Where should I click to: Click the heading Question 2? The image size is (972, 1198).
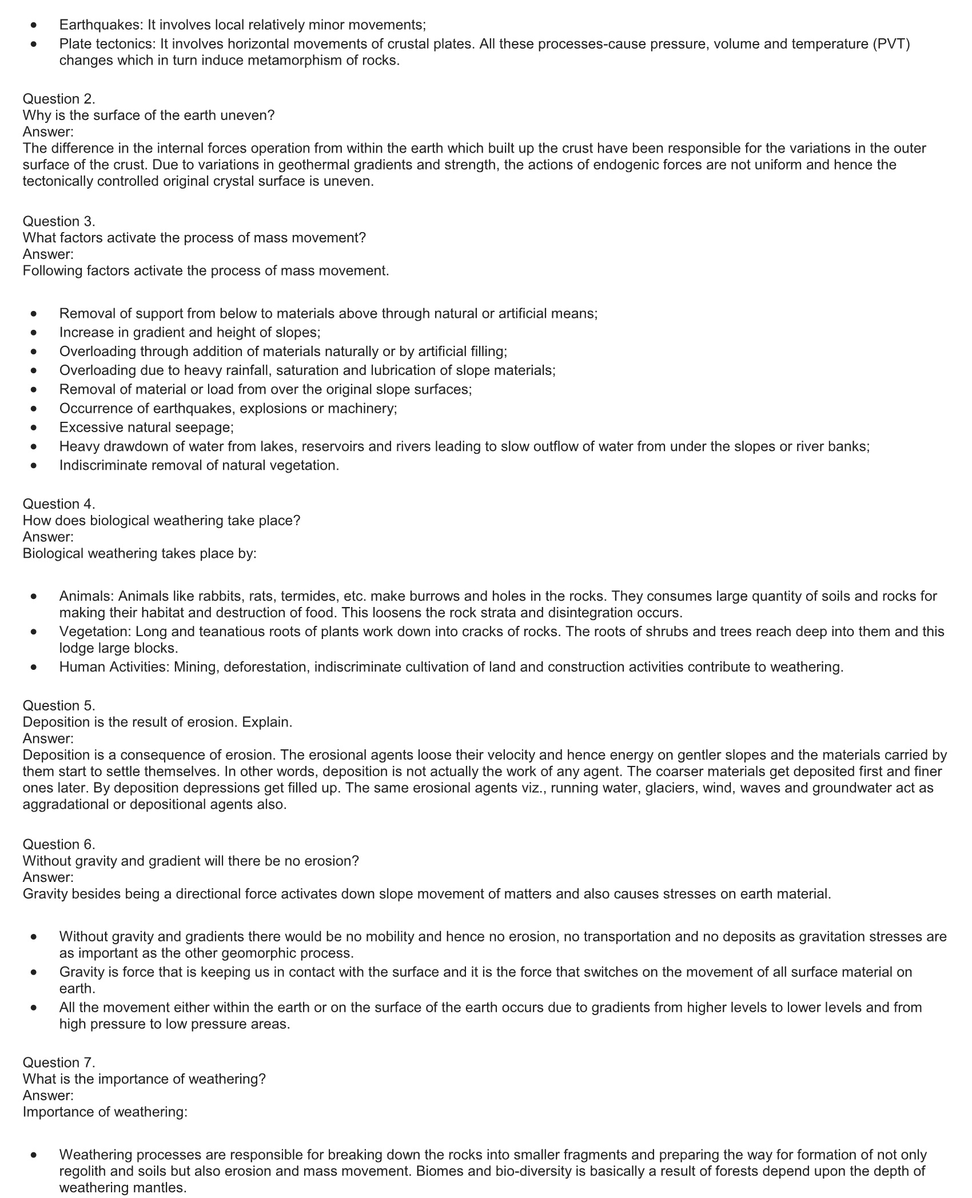point(59,99)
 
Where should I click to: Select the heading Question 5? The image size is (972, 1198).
point(59,705)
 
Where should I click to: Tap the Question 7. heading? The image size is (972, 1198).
point(59,1063)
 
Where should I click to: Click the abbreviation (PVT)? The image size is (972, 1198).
point(891,44)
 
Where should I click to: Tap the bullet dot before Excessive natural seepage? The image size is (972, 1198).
point(35,428)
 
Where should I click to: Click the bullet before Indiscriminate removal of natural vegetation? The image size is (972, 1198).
point(35,466)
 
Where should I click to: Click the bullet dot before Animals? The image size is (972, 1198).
point(35,596)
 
